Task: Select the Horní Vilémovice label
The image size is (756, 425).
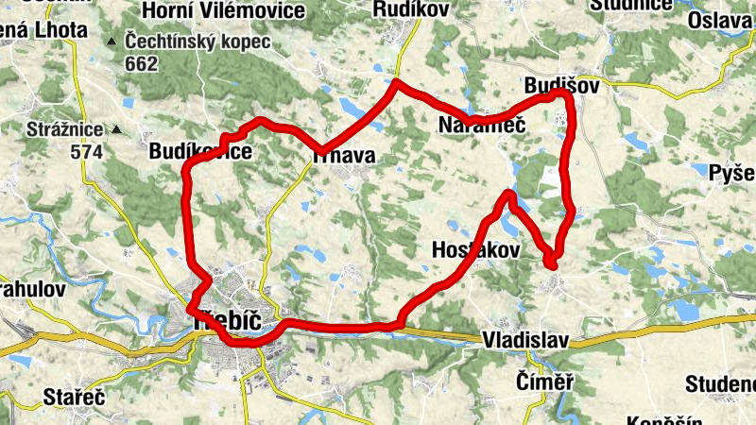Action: [x=223, y=10]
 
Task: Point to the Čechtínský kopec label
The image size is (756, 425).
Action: [x=196, y=43]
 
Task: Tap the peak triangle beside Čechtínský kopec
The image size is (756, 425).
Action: [x=112, y=42]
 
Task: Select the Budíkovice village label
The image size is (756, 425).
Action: [x=200, y=152]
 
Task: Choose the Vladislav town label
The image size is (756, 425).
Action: [x=526, y=338]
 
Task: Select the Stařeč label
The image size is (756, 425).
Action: [x=75, y=396]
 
